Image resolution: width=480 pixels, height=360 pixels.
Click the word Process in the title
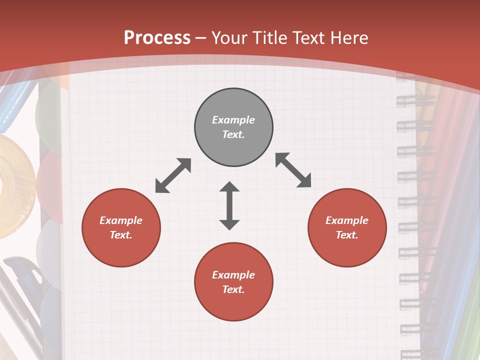tap(157, 38)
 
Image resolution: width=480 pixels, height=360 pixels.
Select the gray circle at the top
tap(233, 127)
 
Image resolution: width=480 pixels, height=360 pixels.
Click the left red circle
tap(121, 227)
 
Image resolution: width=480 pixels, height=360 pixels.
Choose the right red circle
tap(347, 227)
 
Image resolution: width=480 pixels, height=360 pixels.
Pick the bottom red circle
tap(233, 282)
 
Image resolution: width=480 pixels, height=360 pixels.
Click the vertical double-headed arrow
tap(229, 205)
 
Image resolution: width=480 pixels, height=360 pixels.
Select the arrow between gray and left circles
tap(173, 175)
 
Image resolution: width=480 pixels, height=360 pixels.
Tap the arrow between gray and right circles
tap(293, 170)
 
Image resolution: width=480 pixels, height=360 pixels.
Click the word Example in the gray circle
tap(233, 120)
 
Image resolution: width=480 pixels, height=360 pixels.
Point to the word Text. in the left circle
tap(121, 235)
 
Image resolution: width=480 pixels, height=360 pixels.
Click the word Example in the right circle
tap(347, 220)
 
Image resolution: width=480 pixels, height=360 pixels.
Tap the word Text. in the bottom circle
tap(233, 289)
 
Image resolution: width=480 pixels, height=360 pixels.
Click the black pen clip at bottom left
tap(25, 270)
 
